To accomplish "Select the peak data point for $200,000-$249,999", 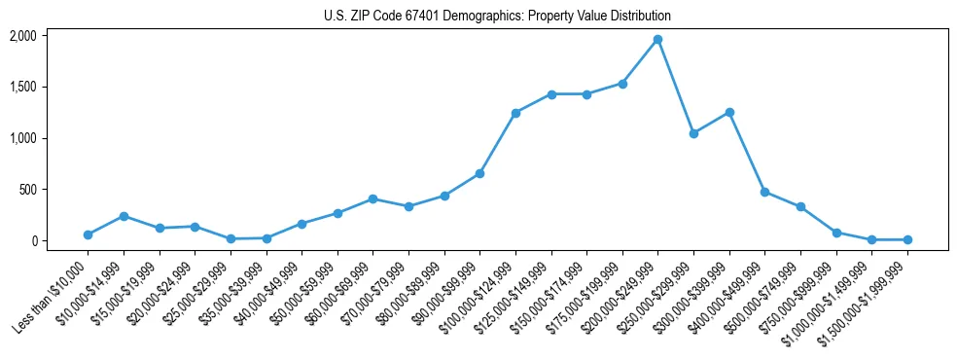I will click(x=657, y=39).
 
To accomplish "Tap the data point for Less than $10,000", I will click(x=88, y=234).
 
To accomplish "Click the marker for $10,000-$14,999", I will click(x=124, y=216).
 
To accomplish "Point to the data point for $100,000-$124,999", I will click(x=515, y=113).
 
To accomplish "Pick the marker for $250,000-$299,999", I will click(x=693, y=133).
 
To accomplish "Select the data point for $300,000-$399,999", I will click(x=729, y=112).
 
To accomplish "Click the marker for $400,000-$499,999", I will click(x=764, y=192).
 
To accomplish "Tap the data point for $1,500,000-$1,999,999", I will click(x=907, y=239).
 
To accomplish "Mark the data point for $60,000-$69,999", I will click(x=372, y=198).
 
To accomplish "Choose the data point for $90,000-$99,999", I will click(x=479, y=173).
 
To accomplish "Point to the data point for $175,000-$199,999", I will click(x=622, y=84).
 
